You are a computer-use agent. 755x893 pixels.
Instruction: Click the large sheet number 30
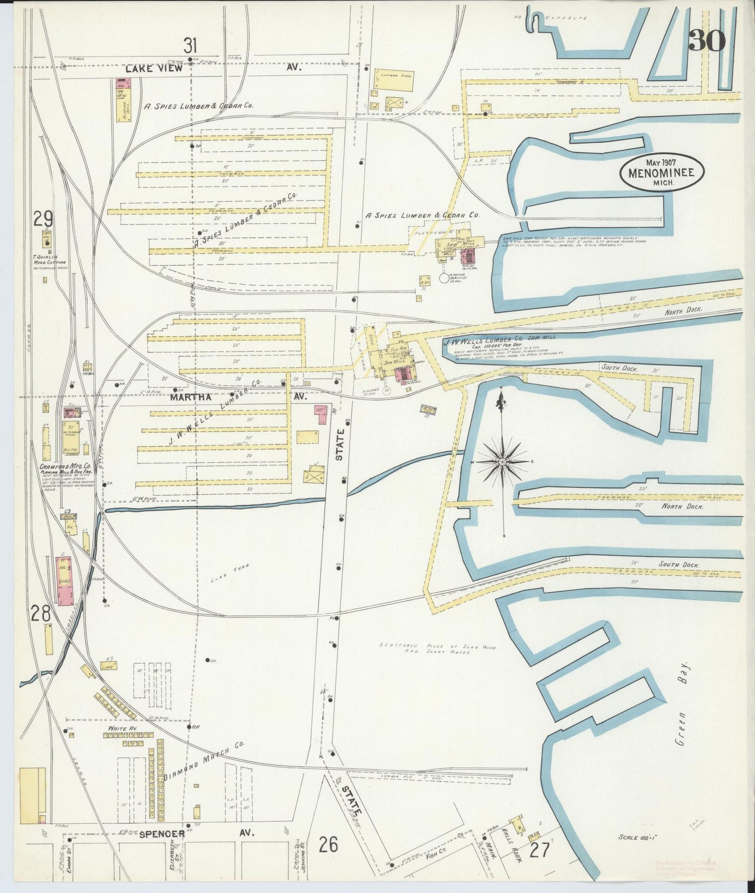(707, 40)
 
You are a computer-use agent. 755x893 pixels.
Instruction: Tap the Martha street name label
(190, 397)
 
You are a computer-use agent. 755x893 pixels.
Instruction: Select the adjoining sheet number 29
(43, 218)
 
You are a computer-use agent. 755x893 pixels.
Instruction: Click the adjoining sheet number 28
(41, 612)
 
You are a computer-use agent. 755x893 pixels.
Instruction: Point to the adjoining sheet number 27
(539, 850)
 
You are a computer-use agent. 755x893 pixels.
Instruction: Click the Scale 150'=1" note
(637, 837)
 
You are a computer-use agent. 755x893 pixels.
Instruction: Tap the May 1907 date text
(660, 162)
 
